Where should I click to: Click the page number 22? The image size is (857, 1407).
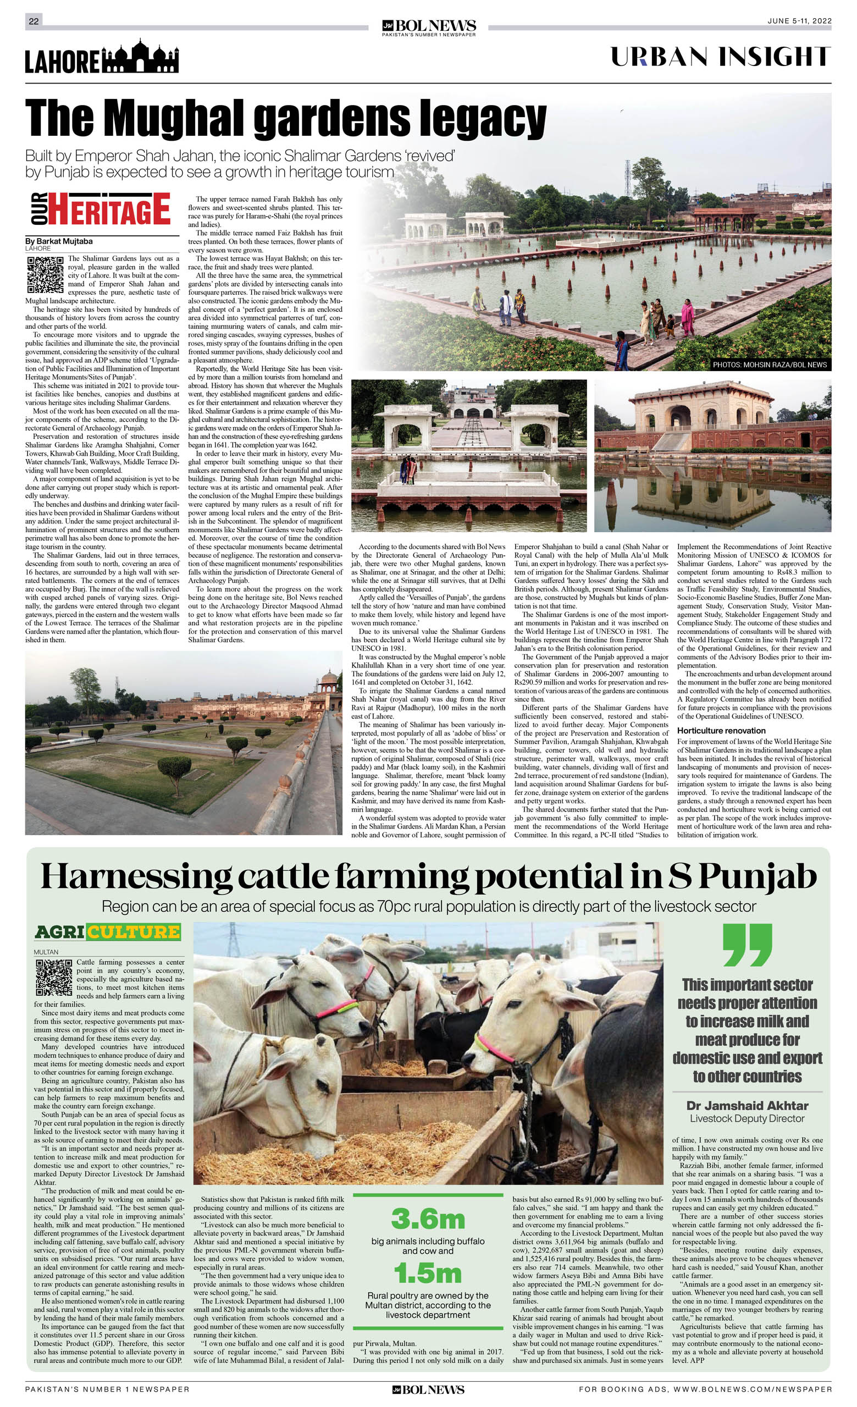pyautogui.click(x=34, y=21)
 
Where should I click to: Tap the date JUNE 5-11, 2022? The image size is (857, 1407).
pyautogui.click(x=799, y=21)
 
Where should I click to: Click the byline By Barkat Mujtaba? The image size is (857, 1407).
pyautogui.click(x=59, y=241)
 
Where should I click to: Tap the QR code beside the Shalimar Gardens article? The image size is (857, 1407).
pyautogui.click(x=45, y=275)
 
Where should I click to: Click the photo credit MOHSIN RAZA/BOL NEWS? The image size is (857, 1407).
pyautogui.click(x=769, y=365)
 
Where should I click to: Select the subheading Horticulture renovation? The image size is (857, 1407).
pyautogui.click(x=721, y=730)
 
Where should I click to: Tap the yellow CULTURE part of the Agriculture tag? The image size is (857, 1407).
pyautogui.click(x=134, y=932)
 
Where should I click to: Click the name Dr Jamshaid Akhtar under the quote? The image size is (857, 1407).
pyautogui.click(x=747, y=1106)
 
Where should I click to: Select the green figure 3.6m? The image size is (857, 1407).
pyautogui.click(x=428, y=1219)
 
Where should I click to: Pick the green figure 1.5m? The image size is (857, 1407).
pyautogui.click(x=428, y=1273)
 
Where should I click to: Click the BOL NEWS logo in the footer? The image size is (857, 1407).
pyautogui.click(x=428, y=1389)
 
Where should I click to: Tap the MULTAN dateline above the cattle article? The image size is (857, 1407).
pyautogui.click(x=46, y=952)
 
